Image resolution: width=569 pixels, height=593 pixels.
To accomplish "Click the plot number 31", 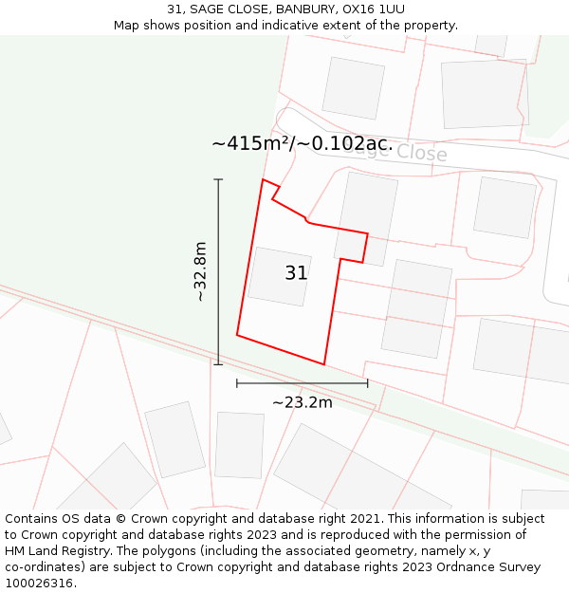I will click(296, 273).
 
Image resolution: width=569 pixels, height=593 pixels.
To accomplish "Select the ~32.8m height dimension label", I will click(200, 271).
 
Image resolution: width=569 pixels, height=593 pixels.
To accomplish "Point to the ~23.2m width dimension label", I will click(303, 402).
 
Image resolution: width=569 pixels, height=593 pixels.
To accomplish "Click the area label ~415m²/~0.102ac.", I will click(302, 143).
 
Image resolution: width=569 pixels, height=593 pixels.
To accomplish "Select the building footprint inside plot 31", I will click(279, 276).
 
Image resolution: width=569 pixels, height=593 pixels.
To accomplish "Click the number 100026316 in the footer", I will click(38, 584).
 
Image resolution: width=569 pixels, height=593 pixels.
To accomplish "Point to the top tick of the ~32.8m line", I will click(218, 179).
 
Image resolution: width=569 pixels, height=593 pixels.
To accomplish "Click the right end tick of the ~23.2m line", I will click(367, 383).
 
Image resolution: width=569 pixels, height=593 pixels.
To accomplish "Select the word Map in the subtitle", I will click(127, 26).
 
